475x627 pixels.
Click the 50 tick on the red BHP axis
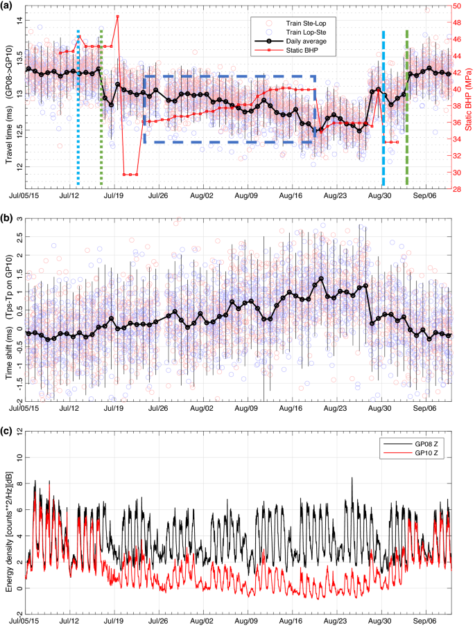click(x=460, y=6)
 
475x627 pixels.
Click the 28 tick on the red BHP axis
click(x=460, y=188)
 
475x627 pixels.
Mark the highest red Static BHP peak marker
click(x=117, y=16)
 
